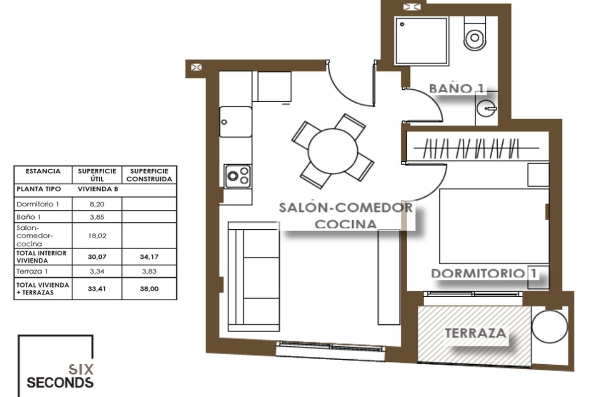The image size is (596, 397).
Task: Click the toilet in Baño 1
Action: click(475, 34)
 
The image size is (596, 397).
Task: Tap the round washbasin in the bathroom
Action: click(486, 109)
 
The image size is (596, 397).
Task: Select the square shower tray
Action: click(422, 41)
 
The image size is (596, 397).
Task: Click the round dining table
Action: click(333, 151)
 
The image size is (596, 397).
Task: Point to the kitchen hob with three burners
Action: click(238, 176)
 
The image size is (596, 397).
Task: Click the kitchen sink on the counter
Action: click(235, 122)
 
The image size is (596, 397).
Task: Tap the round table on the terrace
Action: click(549, 326)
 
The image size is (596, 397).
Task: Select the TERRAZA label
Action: click(475, 333)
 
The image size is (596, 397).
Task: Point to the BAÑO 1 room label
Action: click(456, 88)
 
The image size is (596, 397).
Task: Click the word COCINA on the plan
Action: click(346, 224)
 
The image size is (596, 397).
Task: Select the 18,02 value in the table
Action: click(97, 236)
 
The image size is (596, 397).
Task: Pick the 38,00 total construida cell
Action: click(149, 289)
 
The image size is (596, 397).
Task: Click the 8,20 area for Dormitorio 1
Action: click(97, 204)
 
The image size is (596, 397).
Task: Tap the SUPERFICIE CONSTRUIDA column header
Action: click(149, 175)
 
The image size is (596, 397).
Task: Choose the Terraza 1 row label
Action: click(32, 271)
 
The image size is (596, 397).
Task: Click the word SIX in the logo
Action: click(81, 370)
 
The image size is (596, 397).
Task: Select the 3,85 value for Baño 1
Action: click(97, 217)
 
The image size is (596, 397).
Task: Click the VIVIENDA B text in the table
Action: click(98, 189)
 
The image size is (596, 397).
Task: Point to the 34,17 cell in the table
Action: click(149, 257)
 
